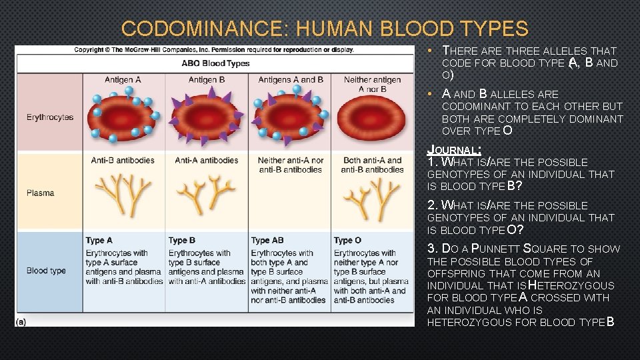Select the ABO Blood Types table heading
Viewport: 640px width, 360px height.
pyautogui.click(x=215, y=63)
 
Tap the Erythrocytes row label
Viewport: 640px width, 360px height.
pyautogui.click(x=50, y=117)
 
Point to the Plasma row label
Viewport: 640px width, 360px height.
pyautogui.click(x=41, y=193)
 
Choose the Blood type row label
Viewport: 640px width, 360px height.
pyautogui.click(x=46, y=271)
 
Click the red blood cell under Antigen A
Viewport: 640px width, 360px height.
pyautogui.click(x=123, y=117)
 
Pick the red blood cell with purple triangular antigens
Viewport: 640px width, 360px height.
pyautogui.click(x=206, y=117)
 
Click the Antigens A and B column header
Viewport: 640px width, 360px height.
pyautogui.click(x=290, y=80)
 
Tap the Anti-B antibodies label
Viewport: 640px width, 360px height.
pyautogui.click(x=123, y=160)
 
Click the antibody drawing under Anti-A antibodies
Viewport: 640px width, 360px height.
pyautogui.click(x=206, y=193)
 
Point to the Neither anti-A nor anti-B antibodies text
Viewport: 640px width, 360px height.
pyautogui.click(x=290, y=165)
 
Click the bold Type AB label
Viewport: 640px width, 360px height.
pyautogui.click(x=267, y=240)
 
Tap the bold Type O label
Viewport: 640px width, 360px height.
pyautogui.click(x=347, y=240)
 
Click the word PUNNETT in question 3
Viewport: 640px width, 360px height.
pyautogui.click(x=495, y=249)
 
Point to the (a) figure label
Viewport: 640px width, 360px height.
pyautogui.click(x=21, y=321)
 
